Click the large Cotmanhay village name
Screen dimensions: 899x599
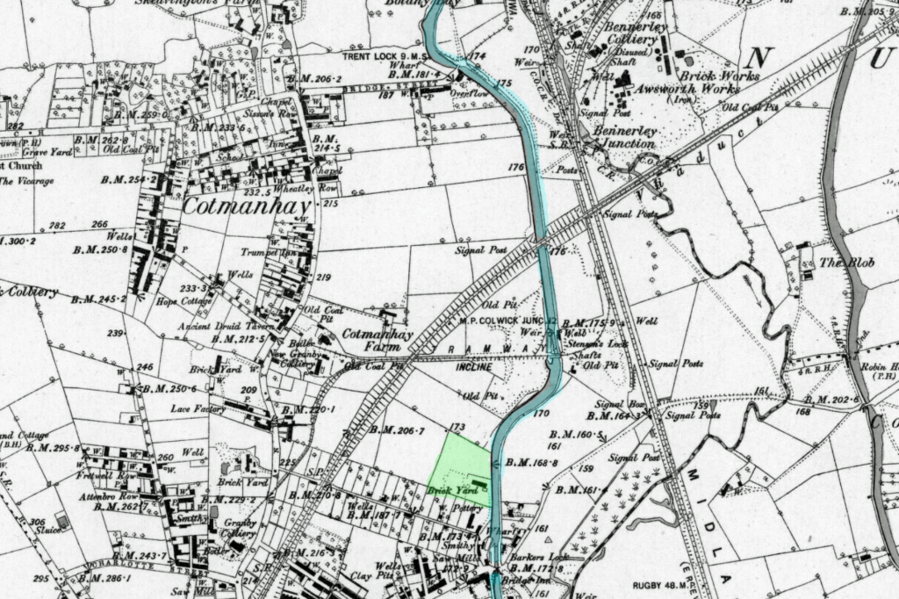click(x=248, y=208)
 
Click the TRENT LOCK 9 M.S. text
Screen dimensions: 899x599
click(x=385, y=57)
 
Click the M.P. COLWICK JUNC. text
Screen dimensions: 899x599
click(x=505, y=321)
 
